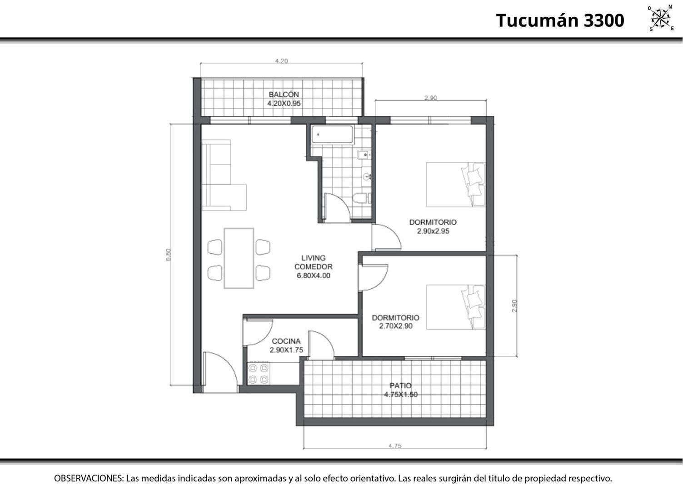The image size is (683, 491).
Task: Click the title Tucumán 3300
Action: tap(560, 20)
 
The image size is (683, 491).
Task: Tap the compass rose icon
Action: tap(660, 18)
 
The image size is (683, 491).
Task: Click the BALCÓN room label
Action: tap(284, 95)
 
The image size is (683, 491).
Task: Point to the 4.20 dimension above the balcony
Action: tap(281, 61)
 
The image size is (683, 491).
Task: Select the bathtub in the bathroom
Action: tap(332, 135)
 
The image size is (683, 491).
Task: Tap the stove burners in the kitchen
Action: tap(259, 374)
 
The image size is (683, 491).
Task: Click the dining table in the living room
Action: tap(239, 258)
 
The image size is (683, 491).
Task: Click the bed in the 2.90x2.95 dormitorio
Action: tap(455, 185)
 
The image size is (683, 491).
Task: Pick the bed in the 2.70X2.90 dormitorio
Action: tap(455, 307)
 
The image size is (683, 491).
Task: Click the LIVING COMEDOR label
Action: tap(314, 262)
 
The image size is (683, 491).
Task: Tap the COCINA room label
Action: tap(286, 341)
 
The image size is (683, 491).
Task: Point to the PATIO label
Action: tap(401, 386)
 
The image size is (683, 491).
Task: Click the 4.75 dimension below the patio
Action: tap(395, 446)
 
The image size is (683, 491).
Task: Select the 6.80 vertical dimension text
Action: tap(168, 255)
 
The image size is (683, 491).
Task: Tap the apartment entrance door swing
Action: tap(220, 372)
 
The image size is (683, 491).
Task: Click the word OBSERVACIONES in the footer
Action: tap(89, 478)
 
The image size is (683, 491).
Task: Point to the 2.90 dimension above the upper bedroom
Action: tap(430, 98)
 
